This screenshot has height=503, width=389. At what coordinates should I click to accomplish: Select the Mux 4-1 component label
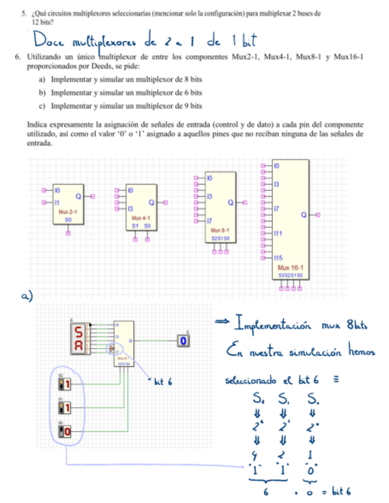(x=141, y=218)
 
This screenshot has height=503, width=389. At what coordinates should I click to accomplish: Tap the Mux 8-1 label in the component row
(x=220, y=230)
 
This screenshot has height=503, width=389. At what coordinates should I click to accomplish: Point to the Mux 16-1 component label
(x=290, y=269)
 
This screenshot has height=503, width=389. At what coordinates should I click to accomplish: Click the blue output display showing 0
(x=184, y=340)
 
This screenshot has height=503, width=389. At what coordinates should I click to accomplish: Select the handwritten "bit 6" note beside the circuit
(x=162, y=383)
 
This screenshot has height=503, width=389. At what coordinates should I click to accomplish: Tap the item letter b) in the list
(x=42, y=93)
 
